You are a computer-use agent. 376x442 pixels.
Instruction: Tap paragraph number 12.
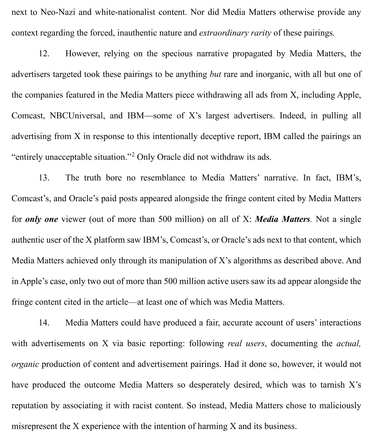[44, 54]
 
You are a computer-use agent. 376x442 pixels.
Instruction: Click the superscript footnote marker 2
[133, 154]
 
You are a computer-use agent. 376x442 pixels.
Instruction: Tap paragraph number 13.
[44, 178]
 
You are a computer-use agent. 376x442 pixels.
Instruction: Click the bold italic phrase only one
[42, 219]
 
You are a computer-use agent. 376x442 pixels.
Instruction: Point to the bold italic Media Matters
[282, 219]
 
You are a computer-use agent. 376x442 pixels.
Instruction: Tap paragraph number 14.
[44, 323]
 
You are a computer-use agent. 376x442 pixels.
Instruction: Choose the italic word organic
[25, 364]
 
